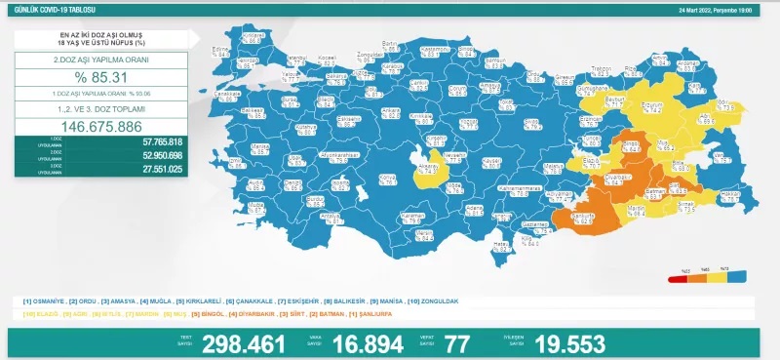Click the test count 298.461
tap(244, 343)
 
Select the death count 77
tap(456, 343)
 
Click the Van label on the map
tap(721, 155)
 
